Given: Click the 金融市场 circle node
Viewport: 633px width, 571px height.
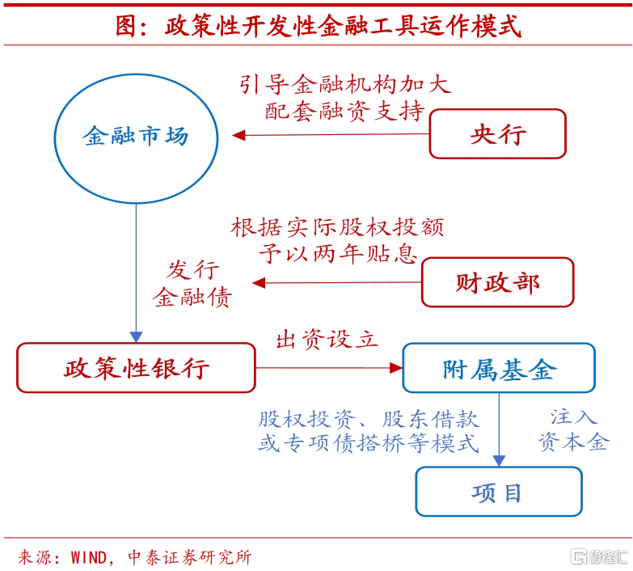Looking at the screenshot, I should tap(136, 137).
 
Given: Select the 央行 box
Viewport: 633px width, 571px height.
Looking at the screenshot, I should tap(497, 133).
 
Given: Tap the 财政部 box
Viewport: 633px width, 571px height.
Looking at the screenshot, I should tap(497, 282).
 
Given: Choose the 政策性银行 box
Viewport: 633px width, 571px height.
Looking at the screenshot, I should tap(136, 368).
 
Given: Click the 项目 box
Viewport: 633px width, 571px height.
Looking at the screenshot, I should tap(498, 492).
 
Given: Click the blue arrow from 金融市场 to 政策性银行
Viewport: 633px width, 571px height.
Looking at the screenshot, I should tap(136, 271).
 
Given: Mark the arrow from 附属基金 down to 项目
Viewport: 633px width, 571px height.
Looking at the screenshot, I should tap(499, 429).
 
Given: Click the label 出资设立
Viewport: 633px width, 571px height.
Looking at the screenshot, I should tap(327, 339).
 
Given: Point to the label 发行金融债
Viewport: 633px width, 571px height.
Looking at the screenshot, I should tap(192, 284).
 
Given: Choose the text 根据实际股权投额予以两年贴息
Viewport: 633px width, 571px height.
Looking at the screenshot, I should tap(338, 240).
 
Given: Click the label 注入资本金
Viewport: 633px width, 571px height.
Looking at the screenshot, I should tap(573, 429).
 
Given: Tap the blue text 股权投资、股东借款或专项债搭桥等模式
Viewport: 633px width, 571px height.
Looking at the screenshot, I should tap(369, 430).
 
